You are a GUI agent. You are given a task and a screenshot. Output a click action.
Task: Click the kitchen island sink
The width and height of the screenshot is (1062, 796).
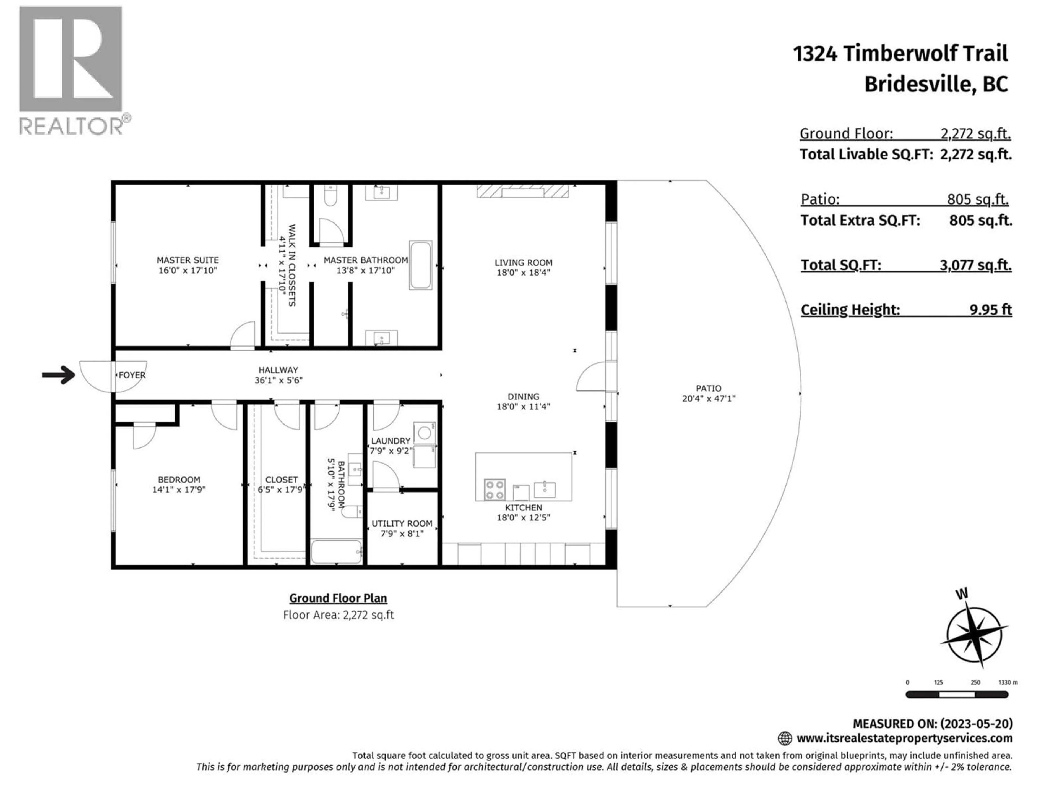[x=545, y=490]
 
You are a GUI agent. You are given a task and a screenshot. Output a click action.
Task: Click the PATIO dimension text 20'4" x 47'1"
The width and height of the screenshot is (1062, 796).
[x=709, y=398]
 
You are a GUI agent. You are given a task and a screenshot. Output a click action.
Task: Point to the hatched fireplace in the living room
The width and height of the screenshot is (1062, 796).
[x=522, y=192]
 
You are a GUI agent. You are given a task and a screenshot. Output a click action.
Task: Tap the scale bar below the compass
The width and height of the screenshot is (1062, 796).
[x=956, y=694]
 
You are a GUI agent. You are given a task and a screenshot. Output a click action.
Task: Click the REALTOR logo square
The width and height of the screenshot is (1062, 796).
[x=71, y=59]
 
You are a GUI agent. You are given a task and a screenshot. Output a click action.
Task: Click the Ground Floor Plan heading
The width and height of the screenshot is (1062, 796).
[x=338, y=598]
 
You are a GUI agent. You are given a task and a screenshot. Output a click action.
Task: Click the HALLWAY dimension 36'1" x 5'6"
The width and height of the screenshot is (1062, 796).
[x=278, y=380]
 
